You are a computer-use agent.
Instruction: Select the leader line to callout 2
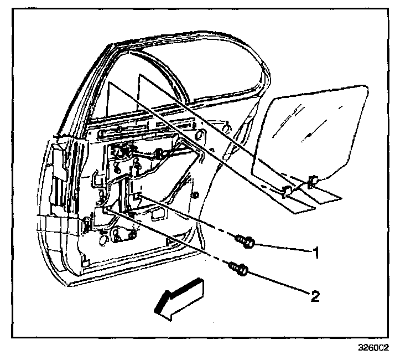click(279, 283)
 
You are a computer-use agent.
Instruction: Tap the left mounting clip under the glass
click(287, 191)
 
